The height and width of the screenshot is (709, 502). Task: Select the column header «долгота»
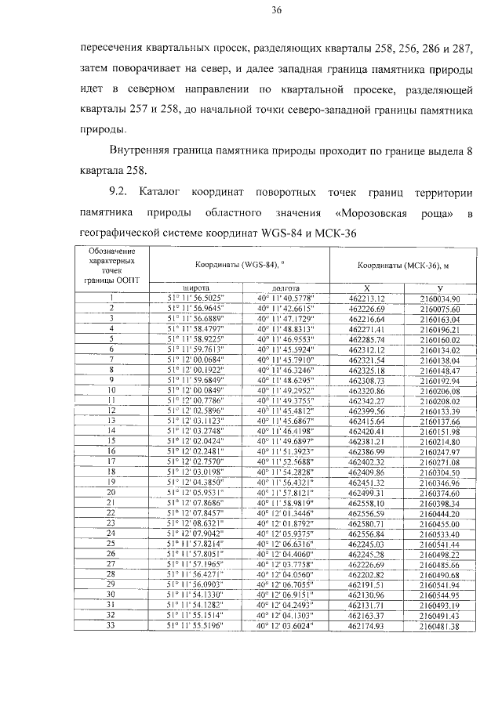(286, 288)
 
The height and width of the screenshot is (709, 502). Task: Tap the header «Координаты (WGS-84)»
(240, 265)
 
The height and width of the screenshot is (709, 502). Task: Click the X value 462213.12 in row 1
(366, 298)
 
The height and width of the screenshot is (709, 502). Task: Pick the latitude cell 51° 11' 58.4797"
(195, 329)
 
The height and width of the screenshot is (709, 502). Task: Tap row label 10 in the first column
(112, 389)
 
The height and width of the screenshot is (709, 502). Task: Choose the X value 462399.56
(366, 410)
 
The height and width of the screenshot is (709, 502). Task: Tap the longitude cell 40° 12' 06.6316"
(285, 542)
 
